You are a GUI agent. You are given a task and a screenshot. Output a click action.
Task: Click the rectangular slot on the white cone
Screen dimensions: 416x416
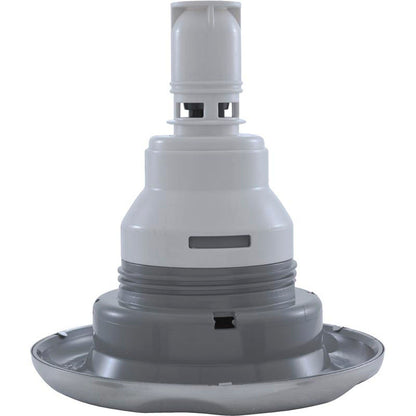219,241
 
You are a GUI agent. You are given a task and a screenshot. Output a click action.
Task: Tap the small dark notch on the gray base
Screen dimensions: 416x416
224,322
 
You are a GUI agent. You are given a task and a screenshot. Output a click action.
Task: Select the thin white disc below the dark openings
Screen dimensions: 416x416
208,124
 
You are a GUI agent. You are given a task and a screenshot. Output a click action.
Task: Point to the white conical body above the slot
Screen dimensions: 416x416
207,195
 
